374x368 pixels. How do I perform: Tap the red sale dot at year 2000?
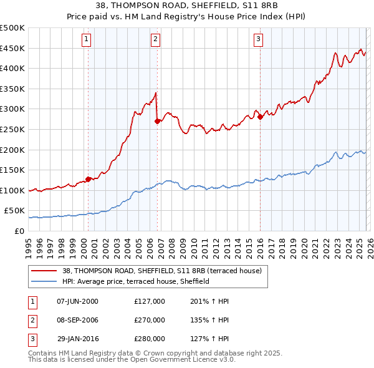[88, 179]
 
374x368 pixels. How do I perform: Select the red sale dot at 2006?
[157, 121]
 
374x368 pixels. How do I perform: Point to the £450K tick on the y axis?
[12, 48]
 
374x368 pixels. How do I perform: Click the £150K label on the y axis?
[12, 170]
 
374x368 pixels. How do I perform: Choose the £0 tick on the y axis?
[19, 231]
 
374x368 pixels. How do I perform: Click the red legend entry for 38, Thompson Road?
[165, 271]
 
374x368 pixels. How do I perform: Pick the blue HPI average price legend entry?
[135, 281]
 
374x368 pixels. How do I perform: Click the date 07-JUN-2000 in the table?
[77, 301]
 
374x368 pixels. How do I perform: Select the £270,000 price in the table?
[149, 320]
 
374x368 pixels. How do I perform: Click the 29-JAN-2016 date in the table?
[77, 339]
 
